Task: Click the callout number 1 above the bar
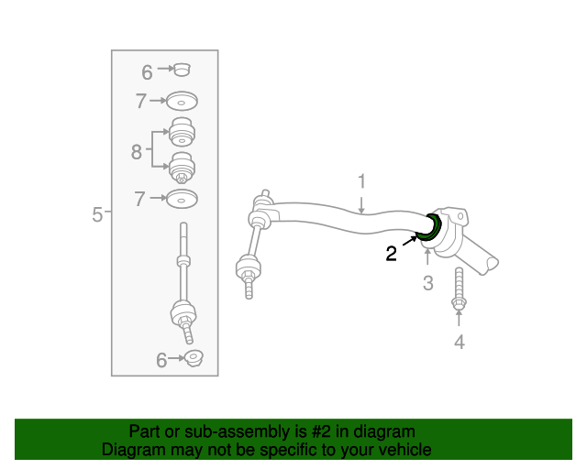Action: pyautogui.click(x=361, y=180)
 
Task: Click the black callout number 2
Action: pyautogui.click(x=392, y=254)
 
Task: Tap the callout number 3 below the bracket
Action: pyautogui.click(x=427, y=283)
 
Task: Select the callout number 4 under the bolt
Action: pyautogui.click(x=460, y=342)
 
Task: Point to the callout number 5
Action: pyautogui.click(x=97, y=214)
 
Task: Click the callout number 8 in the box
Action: pyautogui.click(x=137, y=151)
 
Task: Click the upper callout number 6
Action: pyautogui.click(x=147, y=71)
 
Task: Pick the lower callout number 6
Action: pyautogui.click(x=161, y=361)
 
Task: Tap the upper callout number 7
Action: pyautogui.click(x=140, y=102)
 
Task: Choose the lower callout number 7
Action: pyautogui.click(x=140, y=199)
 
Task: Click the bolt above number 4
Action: pyautogui.click(x=459, y=289)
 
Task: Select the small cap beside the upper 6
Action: pyautogui.click(x=183, y=69)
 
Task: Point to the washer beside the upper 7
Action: pyautogui.click(x=183, y=101)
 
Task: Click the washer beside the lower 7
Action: pyautogui.click(x=183, y=199)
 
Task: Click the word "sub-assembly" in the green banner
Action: pyautogui.click(x=227, y=431)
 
